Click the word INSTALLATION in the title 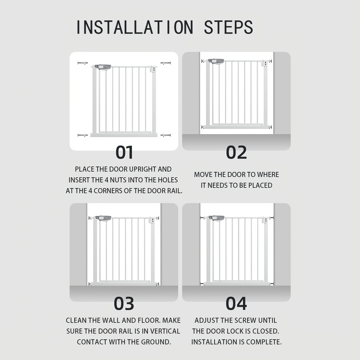135,27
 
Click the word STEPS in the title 229,27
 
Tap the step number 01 124,152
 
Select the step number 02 236,152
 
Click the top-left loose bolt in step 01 82,63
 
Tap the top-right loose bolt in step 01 166,63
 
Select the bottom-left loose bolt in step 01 82,135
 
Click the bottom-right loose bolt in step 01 166,135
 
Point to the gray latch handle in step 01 103,67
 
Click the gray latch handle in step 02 216,61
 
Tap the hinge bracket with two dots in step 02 265,64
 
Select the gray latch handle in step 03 103,218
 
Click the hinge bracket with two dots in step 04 265,220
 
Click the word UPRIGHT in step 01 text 142,169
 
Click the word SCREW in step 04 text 246,320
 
